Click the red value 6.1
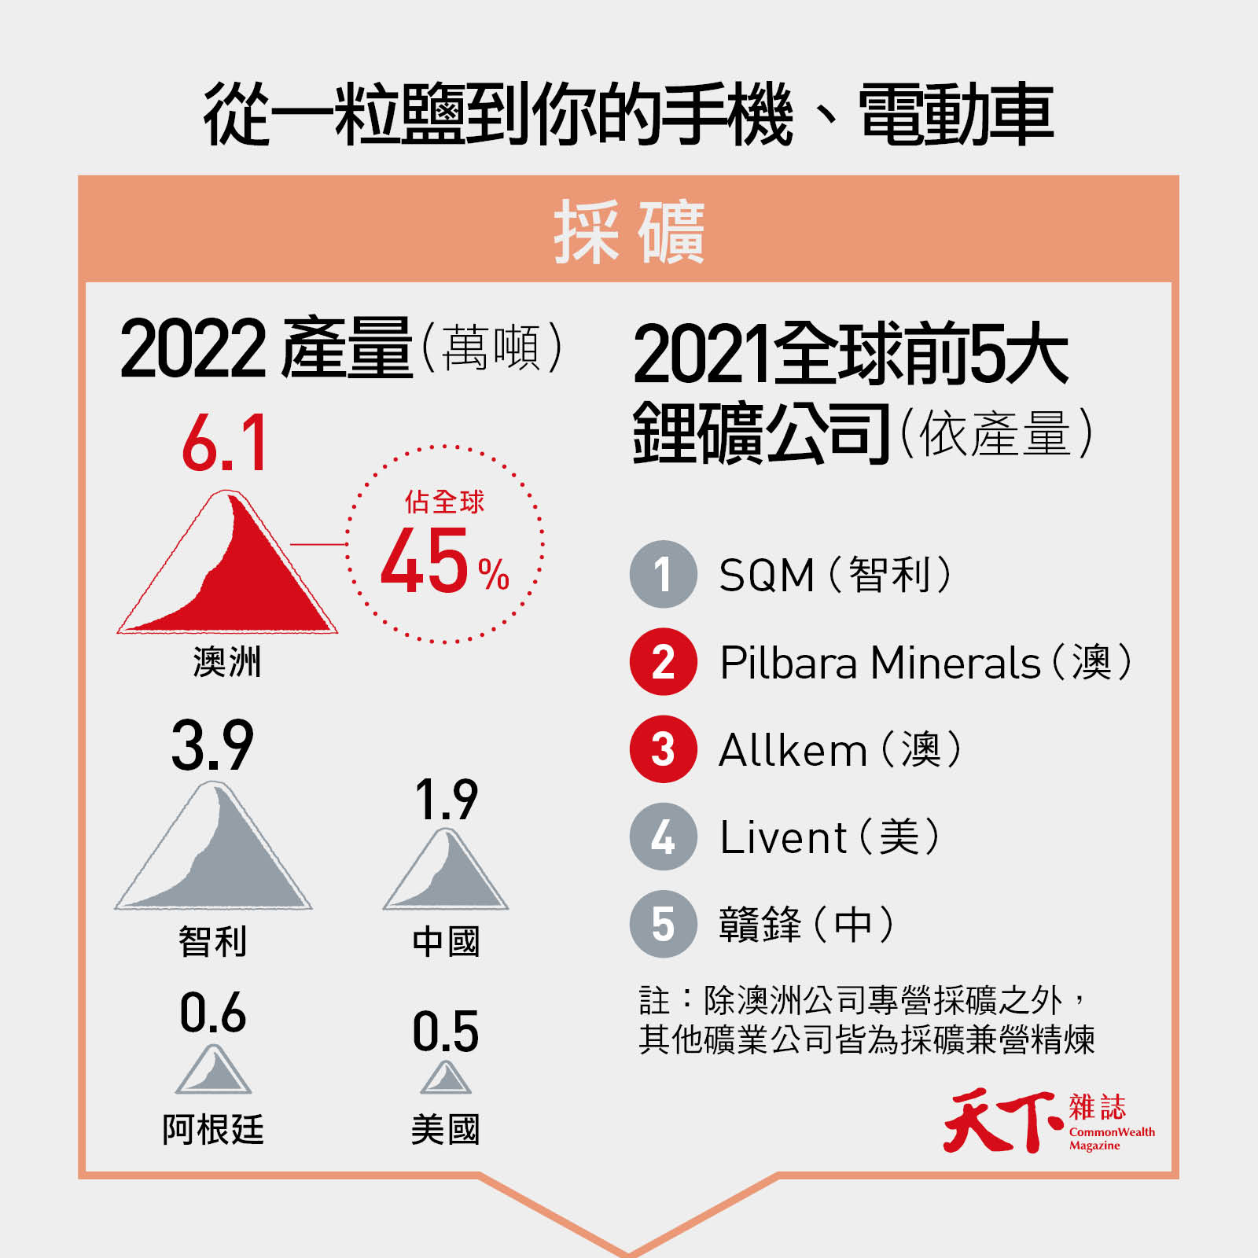pyautogui.click(x=225, y=443)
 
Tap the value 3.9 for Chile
pyautogui.click(x=212, y=745)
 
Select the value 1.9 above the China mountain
pyautogui.click(x=446, y=800)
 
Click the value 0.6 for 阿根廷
pyautogui.click(x=212, y=1013)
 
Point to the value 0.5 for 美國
pyautogui.click(x=446, y=1032)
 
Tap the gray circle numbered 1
pyautogui.click(x=664, y=574)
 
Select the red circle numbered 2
pyautogui.click(x=664, y=662)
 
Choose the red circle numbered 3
pyautogui.click(x=664, y=749)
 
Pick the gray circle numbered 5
pyautogui.click(x=664, y=924)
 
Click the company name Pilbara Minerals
pyautogui.click(x=881, y=662)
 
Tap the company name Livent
pyautogui.click(x=784, y=837)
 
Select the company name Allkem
pyautogui.click(x=793, y=749)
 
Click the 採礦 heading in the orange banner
pyautogui.click(x=629, y=231)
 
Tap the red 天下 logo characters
pyautogui.click(x=1004, y=1121)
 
